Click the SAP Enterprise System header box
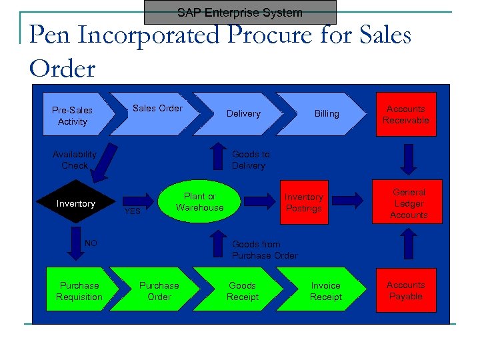[x=240, y=13]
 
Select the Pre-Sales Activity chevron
[x=73, y=115]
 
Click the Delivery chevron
[x=243, y=114]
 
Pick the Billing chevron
[x=327, y=114]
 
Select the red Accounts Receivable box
[x=405, y=115]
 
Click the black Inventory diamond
[x=76, y=203]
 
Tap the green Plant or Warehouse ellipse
[x=200, y=202]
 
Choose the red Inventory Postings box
[x=303, y=203]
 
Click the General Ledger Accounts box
[x=409, y=203]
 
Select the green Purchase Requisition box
[x=79, y=291]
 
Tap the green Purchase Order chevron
[x=159, y=291]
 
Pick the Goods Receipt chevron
[x=242, y=291]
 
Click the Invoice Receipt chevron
[x=325, y=291]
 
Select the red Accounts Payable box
[x=405, y=291]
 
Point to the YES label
[x=133, y=211]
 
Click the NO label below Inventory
[x=91, y=243]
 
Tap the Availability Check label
[x=74, y=160]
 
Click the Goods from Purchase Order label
[x=264, y=250]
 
